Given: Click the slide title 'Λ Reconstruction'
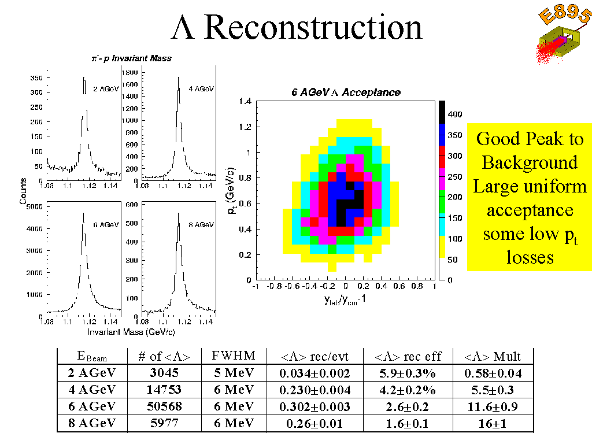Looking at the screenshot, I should (x=297, y=27).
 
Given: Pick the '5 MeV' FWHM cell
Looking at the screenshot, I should (x=232, y=373).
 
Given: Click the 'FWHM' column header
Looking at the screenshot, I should (x=234, y=355).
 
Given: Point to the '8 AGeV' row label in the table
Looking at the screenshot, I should (x=92, y=423).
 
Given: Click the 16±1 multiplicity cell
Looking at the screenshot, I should (x=493, y=423).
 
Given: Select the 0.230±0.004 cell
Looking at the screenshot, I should (x=313, y=390).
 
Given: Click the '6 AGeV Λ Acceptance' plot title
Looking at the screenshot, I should (x=345, y=92).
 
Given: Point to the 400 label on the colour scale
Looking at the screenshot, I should (x=454, y=114).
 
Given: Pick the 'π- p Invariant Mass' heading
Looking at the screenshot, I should (x=131, y=58).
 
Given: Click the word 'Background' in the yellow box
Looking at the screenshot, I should (x=529, y=162).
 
